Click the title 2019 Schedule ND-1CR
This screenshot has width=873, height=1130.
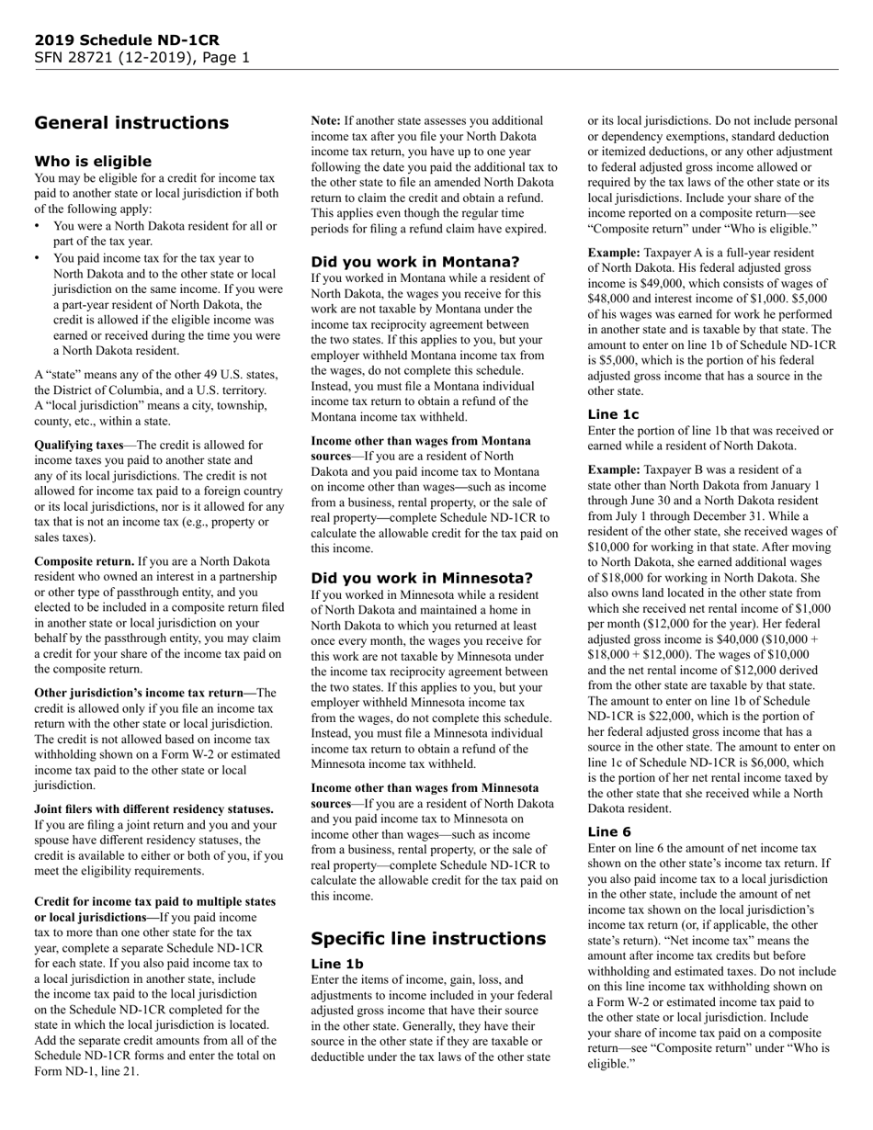pos(127,40)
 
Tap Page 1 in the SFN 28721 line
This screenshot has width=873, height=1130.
pos(226,58)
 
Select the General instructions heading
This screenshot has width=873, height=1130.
pos(131,123)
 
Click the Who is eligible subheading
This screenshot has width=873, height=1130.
pos(93,162)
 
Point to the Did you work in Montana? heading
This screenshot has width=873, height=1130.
pos(414,262)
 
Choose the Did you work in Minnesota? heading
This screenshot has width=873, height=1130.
pos(422,578)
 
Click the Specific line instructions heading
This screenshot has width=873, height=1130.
pos(428,938)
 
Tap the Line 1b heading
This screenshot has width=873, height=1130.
pos(337,964)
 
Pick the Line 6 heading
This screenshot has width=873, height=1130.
pos(608,831)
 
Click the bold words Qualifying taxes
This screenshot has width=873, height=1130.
pos(79,445)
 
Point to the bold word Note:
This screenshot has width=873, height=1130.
pos(325,120)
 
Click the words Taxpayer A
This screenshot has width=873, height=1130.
pos(677,252)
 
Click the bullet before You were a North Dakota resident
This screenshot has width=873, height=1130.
pos(39,226)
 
